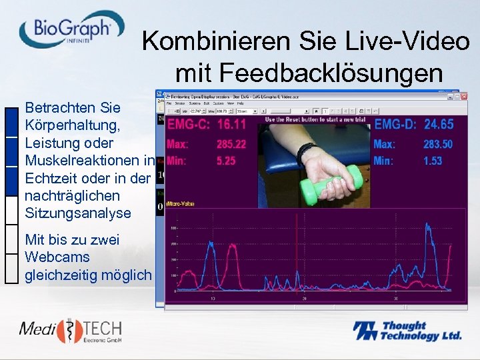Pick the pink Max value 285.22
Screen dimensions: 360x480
pyautogui.click(x=231, y=144)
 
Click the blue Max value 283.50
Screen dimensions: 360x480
pyautogui.click(x=437, y=144)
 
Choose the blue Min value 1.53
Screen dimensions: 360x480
pyautogui.click(x=432, y=161)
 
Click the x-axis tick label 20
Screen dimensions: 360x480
pyautogui.click(x=303, y=299)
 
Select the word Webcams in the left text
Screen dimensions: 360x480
pyautogui.click(x=57, y=257)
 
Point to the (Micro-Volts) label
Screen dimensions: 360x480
pyautogui.click(x=180, y=204)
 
